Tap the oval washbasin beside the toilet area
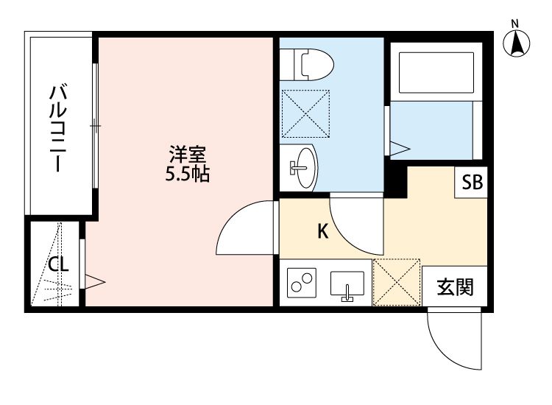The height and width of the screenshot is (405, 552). click(x=305, y=168)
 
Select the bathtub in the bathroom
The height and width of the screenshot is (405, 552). click(x=436, y=73)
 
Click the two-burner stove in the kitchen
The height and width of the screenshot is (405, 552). click(x=302, y=283)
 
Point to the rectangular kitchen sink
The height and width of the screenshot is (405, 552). click(x=347, y=283)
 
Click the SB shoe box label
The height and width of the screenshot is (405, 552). click(x=472, y=183)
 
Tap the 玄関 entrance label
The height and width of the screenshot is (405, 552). click(x=455, y=287)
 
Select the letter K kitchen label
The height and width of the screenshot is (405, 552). click(x=323, y=231)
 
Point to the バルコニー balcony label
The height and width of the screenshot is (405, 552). click(x=58, y=128)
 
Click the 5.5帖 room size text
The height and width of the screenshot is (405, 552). click(x=187, y=174)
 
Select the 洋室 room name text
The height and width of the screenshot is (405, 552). click(x=187, y=154)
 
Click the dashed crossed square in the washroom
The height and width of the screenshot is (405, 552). click(x=305, y=113)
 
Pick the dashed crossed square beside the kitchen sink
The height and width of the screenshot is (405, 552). click(x=397, y=283)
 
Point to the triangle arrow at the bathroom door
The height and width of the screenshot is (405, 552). click(x=400, y=148)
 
